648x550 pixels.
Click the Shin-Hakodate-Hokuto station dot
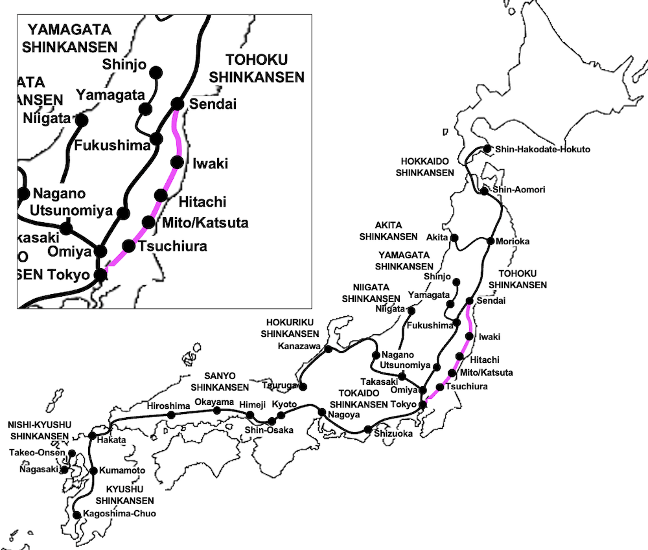(x=487, y=148)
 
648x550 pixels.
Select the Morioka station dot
(x=491, y=242)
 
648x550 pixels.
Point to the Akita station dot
(x=455, y=238)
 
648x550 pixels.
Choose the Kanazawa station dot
(x=329, y=349)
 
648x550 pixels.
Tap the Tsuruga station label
(x=279, y=385)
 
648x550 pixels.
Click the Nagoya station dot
(x=321, y=412)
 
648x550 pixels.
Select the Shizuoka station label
(x=393, y=434)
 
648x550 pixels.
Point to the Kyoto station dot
(x=281, y=415)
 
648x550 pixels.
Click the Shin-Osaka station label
(x=269, y=430)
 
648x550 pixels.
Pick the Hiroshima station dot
(x=171, y=415)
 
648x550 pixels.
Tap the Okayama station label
(x=214, y=402)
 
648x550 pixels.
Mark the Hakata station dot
(x=93, y=435)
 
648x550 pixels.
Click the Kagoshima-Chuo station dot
(x=78, y=515)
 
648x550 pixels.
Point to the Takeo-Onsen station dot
(x=72, y=453)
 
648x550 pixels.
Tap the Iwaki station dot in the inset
(x=177, y=162)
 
